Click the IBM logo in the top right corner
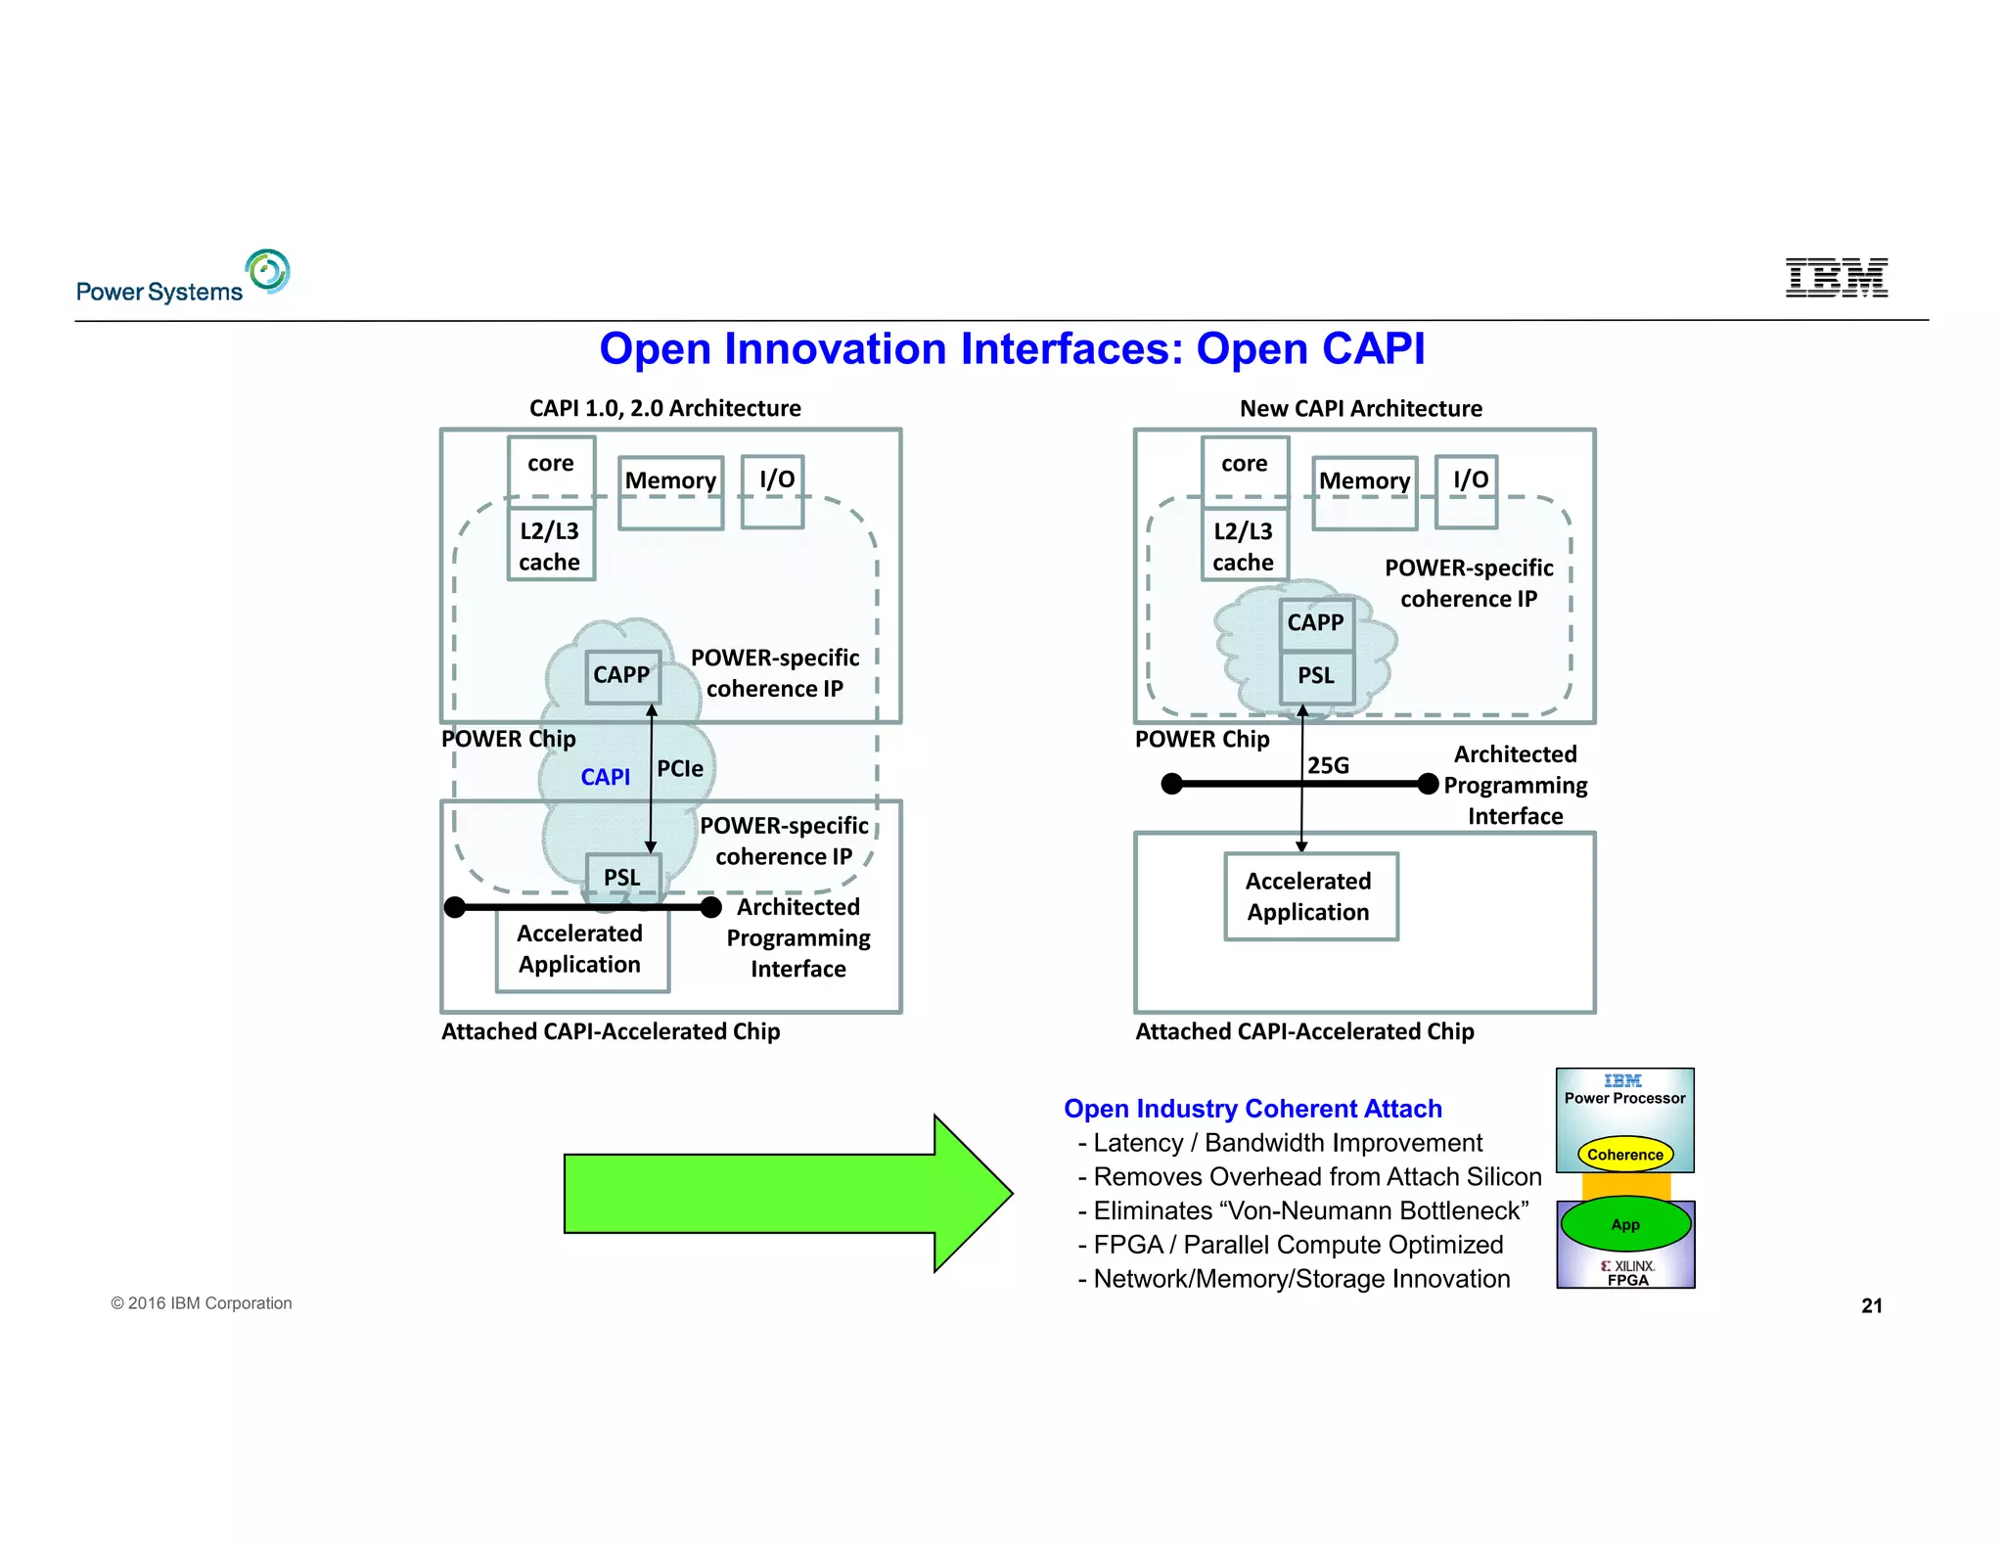[1836, 278]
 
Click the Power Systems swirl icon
[268, 271]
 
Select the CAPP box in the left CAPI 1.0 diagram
[622, 675]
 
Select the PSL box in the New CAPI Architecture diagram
[1316, 676]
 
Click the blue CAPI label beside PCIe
[605, 777]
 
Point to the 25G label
[1329, 765]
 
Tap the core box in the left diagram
[551, 465]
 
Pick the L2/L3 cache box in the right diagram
[1244, 546]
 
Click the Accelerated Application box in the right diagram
[1309, 896]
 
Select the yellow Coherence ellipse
[1624, 1155]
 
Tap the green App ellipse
[1625, 1224]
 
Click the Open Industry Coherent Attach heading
[1252, 1109]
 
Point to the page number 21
[1871, 1305]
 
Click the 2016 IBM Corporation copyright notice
[202, 1303]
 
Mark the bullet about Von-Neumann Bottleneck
[1303, 1211]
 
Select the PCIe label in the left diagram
[680, 769]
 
